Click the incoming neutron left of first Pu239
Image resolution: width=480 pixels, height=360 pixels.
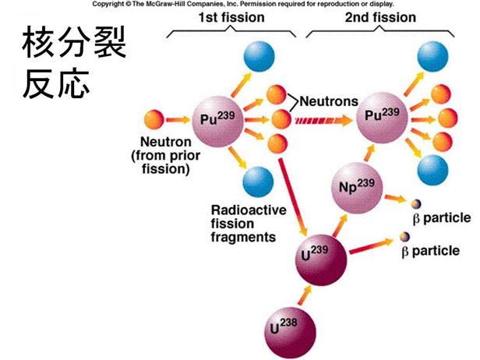point(154,120)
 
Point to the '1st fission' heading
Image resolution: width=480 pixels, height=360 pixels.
point(231,17)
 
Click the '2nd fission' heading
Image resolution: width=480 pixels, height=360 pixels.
point(381,17)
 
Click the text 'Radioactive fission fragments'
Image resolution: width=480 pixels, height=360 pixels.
point(243,223)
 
